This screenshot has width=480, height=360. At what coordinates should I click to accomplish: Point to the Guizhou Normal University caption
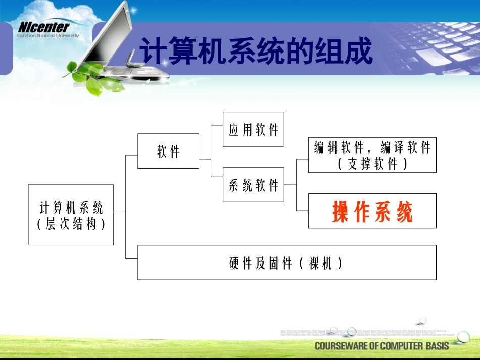tap(47, 36)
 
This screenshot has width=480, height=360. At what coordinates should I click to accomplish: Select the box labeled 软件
tap(168, 151)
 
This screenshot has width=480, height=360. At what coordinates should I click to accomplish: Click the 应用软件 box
tap(253, 129)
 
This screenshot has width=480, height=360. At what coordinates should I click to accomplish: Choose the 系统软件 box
tap(253, 185)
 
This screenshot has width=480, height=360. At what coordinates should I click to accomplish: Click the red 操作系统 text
tap(372, 212)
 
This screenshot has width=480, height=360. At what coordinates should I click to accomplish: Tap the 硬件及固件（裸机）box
tap(286, 263)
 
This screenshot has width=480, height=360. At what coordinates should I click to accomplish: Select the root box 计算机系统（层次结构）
tap(71, 215)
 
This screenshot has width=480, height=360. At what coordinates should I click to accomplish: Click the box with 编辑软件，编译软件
tap(372, 148)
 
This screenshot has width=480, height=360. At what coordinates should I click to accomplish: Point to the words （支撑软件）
tap(372, 164)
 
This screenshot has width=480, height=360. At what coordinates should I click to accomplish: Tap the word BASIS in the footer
tap(433, 346)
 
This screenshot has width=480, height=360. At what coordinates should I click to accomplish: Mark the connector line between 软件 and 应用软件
tap(211, 144)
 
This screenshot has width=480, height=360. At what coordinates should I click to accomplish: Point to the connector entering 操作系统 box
tap(302, 210)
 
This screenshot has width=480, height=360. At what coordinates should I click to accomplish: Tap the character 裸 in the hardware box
tap(314, 263)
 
